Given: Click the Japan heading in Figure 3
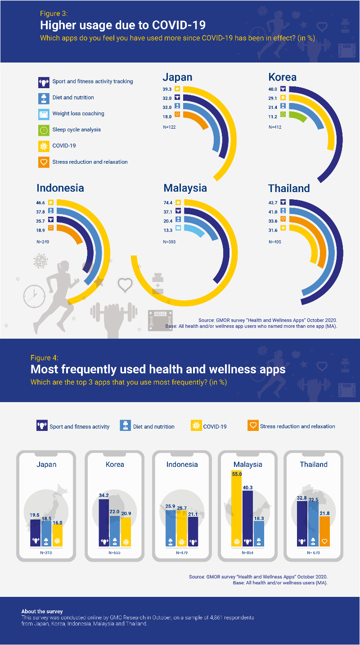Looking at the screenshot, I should pyautogui.click(x=177, y=77).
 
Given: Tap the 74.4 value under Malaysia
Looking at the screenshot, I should pyautogui.click(x=168, y=202).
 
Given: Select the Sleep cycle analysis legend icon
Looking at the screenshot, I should pyautogui.click(x=44, y=130).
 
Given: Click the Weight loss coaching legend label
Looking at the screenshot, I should pyautogui.click(x=78, y=114).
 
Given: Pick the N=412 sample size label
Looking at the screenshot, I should pyautogui.click(x=275, y=127).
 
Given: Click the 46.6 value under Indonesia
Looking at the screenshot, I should pyautogui.click(x=40, y=202).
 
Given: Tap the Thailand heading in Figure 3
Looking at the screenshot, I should pyautogui.click(x=289, y=188).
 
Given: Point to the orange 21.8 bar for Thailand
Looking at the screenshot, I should pyautogui.click(x=324, y=531).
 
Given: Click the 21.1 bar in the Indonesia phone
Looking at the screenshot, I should pyautogui.click(x=193, y=531).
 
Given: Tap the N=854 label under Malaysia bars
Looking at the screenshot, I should pyautogui.click(x=247, y=552).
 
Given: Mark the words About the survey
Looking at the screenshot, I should pyautogui.click(x=42, y=612).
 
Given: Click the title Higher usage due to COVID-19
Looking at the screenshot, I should pyautogui.click(x=123, y=24).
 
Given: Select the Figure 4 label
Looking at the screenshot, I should pyautogui.click(x=44, y=358).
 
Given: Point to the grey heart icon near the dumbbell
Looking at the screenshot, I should pyautogui.click(x=125, y=285).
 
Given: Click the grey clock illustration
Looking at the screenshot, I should pyautogui.click(x=34, y=296).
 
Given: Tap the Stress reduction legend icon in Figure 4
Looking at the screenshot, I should pyautogui.click(x=253, y=426).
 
